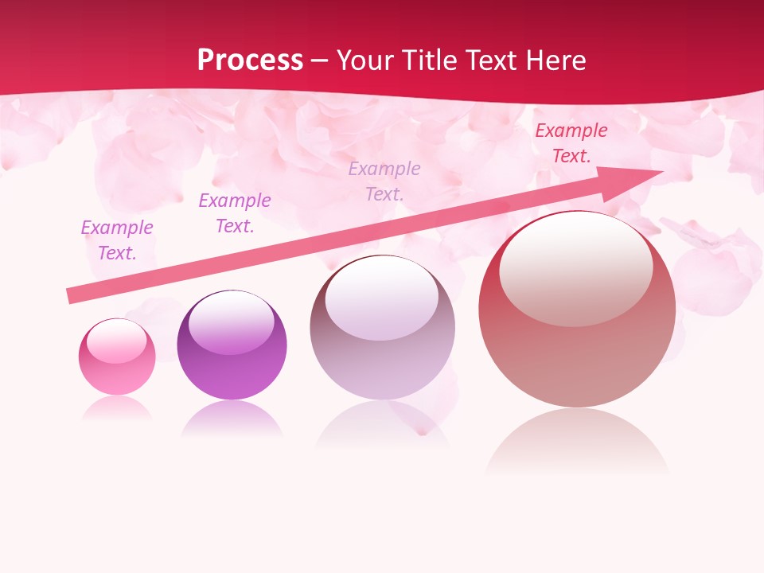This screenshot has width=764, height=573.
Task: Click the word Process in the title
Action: pos(250,60)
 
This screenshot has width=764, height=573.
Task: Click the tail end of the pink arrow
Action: pos(70,296)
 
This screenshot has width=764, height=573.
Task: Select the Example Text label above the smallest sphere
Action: pos(117,240)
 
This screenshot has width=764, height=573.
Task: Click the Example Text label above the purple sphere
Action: pos(235,213)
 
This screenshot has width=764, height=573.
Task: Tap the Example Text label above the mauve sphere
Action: pos(384,181)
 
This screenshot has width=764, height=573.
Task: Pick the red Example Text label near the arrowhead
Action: pos(571,143)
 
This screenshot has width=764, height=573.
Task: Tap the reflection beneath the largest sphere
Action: pos(577,442)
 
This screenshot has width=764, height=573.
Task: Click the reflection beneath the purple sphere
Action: pos(232,419)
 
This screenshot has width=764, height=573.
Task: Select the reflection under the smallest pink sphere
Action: pos(117,408)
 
